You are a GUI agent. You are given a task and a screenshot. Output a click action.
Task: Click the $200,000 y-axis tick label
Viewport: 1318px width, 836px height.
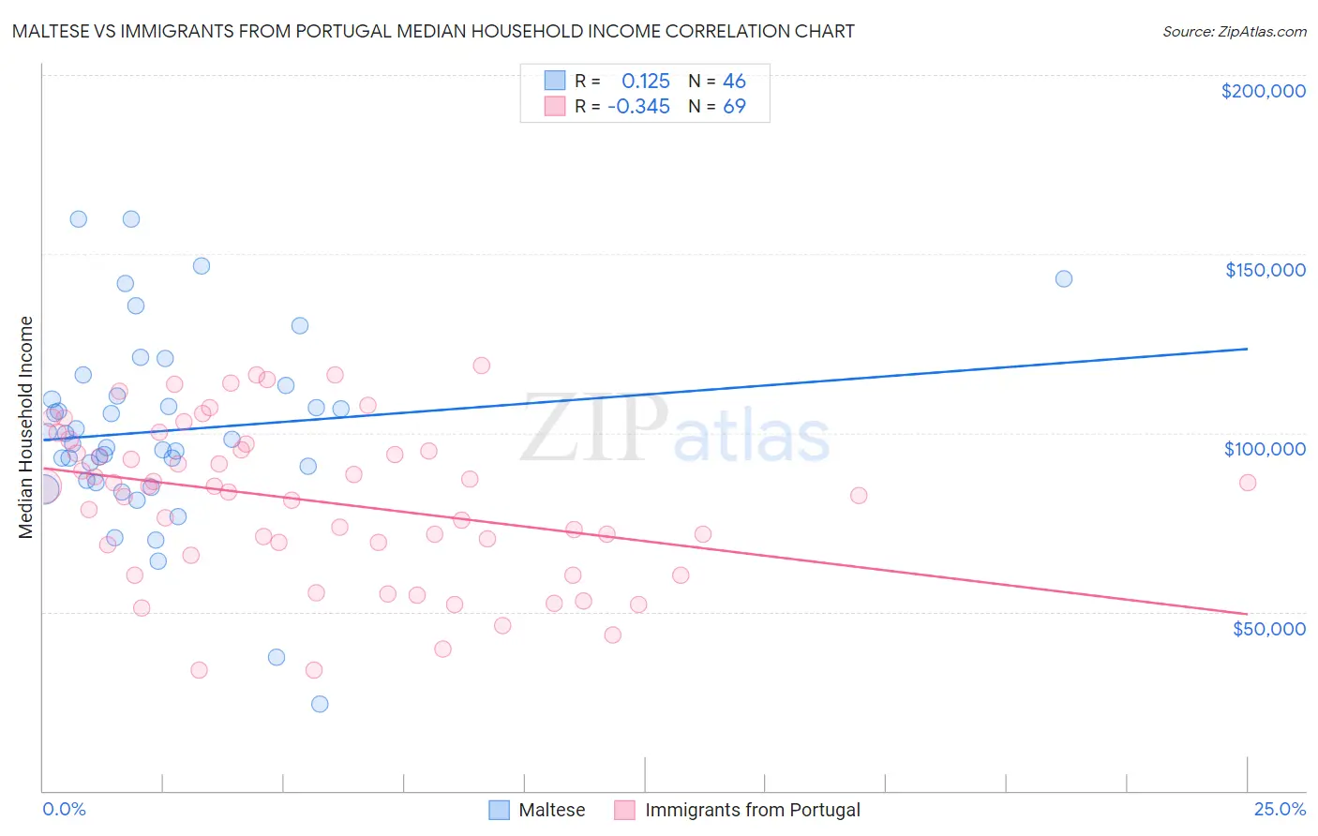1263,91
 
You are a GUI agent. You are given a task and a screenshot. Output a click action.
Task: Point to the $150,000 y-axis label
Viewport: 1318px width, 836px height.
1265,270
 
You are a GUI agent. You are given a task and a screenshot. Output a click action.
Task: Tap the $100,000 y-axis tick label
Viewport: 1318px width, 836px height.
1265,449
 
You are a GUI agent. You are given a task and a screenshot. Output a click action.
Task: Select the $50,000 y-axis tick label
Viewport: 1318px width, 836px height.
1268,628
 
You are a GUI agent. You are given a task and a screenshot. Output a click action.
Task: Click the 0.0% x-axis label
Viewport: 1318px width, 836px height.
64,809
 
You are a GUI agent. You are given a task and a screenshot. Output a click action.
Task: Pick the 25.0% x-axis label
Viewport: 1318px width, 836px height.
1280,809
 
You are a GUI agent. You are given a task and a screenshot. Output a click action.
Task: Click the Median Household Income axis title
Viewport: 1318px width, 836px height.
26,427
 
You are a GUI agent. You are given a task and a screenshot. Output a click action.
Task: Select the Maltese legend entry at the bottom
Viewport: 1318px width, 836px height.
537,810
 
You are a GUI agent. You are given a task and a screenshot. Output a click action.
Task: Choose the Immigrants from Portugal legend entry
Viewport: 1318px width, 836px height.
738,810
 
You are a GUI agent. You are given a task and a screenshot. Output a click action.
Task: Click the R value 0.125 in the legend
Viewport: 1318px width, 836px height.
645,82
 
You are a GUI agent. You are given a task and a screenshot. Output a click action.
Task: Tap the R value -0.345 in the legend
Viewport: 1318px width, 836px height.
638,107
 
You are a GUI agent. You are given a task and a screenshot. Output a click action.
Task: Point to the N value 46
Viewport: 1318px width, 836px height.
734,82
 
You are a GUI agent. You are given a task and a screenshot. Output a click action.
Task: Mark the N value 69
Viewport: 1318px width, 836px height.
734,107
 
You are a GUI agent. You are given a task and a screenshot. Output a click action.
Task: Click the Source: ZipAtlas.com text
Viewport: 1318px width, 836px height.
1234,32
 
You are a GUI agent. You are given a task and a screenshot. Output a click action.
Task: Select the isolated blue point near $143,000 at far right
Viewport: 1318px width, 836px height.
1063,278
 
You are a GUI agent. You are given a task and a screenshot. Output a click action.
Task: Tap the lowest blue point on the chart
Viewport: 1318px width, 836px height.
320,704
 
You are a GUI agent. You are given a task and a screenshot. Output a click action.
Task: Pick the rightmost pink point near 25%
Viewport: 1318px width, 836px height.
1247,483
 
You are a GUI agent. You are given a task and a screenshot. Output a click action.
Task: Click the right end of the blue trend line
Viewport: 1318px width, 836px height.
1247,349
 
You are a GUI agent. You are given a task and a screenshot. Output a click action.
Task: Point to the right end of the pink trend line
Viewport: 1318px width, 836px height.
1247,614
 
